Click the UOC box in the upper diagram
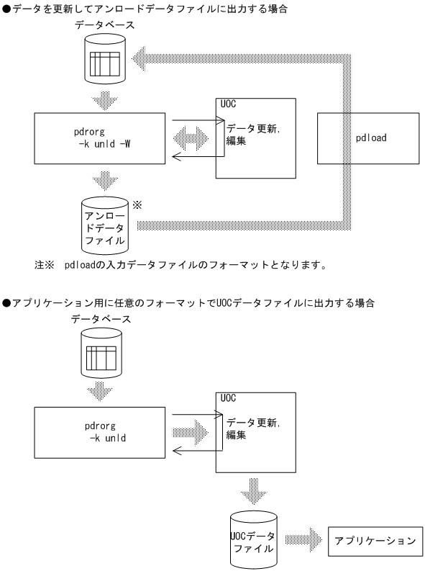[x=255, y=138]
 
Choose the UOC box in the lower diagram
[x=255, y=433]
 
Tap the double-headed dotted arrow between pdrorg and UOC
[x=191, y=137]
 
